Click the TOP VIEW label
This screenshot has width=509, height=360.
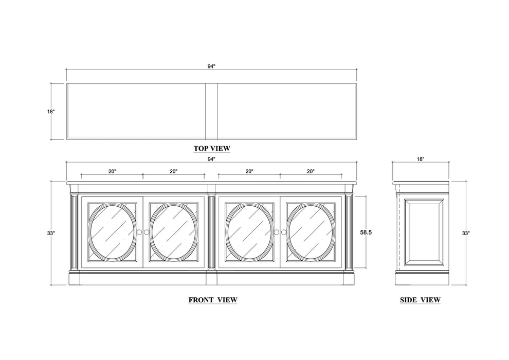point(212,149)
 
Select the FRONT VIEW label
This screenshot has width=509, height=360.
point(212,299)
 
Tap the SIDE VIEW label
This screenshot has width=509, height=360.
point(420,299)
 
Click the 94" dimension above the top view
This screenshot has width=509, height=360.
point(211,66)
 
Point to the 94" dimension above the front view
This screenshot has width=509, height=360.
point(211,159)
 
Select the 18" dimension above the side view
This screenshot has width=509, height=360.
point(421,159)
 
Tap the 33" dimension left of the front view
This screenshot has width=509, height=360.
point(50,233)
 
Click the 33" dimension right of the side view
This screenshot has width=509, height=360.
point(465,233)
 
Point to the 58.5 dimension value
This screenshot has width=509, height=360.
point(366,232)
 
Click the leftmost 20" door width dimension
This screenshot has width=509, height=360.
point(112,171)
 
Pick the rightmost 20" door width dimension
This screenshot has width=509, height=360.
point(310,171)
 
